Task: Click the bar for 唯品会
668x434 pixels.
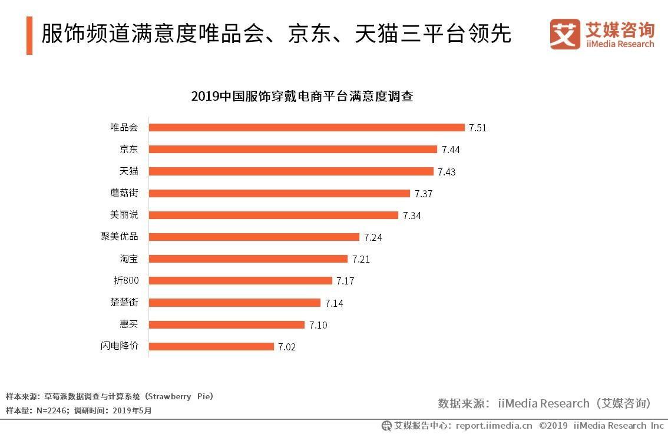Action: (306, 127)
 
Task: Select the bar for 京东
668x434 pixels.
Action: (293, 149)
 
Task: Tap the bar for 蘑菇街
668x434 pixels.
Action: (279, 193)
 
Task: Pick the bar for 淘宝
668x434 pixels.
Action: (248, 259)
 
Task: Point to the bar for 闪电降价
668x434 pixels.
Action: (211, 346)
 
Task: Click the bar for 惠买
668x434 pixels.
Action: (227, 324)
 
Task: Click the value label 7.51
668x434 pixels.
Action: (478, 128)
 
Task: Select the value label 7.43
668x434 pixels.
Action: (447, 172)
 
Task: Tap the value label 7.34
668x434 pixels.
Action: (412, 216)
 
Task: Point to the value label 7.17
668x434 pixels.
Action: (345, 281)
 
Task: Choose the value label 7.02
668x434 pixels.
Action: (287, 347)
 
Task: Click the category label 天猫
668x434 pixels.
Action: (129, 171)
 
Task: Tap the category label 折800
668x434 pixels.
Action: (126, 280)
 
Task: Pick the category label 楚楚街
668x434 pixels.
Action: (124, 303)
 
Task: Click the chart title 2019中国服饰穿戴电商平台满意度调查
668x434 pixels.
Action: (302, 96)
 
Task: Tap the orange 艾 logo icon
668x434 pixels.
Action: (565, 34)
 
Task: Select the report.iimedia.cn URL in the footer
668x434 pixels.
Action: (494, 425)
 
